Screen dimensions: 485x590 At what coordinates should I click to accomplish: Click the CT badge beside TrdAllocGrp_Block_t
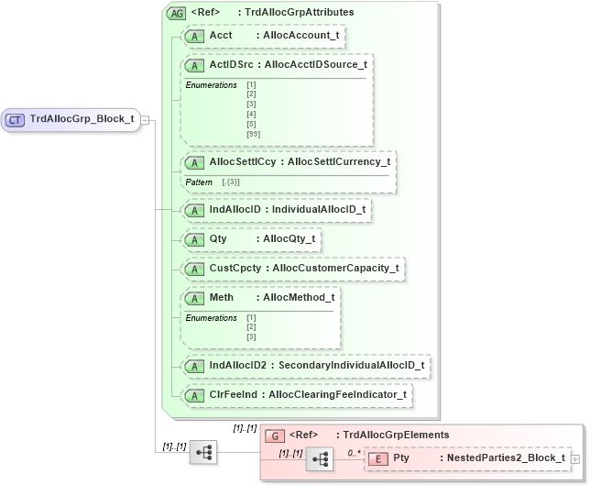tap(16, 119)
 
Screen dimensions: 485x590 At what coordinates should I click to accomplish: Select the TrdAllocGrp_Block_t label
tap(82, 119)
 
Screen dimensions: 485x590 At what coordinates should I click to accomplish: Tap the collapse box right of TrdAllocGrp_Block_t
tap(146, 119)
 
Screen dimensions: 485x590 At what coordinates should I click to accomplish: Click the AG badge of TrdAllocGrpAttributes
tap(175, 13)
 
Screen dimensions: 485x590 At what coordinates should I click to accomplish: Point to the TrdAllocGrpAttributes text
tap(299, 13)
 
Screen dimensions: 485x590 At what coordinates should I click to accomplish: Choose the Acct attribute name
tap(221, 35)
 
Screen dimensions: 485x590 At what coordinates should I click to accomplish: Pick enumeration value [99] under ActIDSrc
tap(254, 134)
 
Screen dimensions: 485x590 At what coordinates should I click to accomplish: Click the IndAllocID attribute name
tap(235, 210)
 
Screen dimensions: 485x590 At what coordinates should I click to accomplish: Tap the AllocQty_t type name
tap(289, 239)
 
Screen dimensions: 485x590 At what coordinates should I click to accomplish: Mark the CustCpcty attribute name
tap(232, 269)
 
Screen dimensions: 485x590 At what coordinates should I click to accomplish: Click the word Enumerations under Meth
tap(211, 317)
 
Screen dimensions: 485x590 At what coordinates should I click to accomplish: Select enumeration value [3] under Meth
tap(251, 337)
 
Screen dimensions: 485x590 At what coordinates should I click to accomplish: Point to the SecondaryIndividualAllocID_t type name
tap(353, 365)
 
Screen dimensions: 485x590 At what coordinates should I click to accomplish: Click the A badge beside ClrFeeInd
tap(194, 394)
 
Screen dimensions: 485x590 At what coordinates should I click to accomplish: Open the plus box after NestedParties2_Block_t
tap(574, 457)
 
